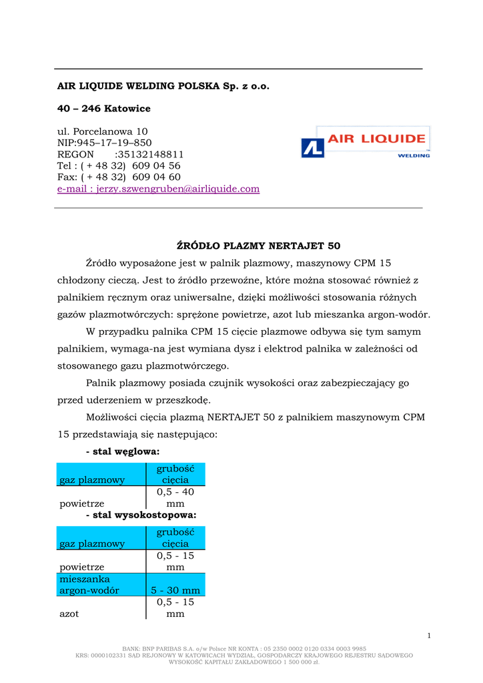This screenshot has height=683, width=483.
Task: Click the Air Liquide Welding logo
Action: [x=365, y=142]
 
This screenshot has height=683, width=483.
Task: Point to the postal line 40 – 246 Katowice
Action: [x=104, y=109]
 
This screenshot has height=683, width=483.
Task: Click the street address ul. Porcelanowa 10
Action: [x=103, y=131]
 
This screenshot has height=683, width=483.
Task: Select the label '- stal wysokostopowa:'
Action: [x=141, y=515]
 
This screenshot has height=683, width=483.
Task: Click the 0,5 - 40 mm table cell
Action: [x=175, y=498]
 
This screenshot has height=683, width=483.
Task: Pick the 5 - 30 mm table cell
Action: [x=175, y=590]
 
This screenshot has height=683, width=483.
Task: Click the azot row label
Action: [x=69, y=614]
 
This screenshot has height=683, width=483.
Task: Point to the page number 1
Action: [x=430, y=636]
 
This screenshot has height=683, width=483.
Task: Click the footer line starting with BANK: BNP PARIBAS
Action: [x=244, y=648]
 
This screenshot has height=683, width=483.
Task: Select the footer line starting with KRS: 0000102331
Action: [x=244, y=655]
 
